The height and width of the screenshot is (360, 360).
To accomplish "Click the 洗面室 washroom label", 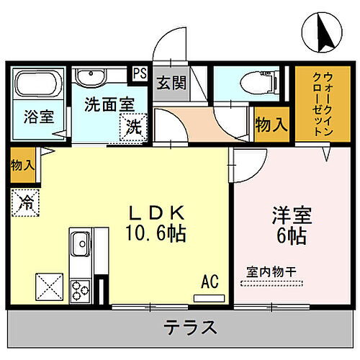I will point(108,104).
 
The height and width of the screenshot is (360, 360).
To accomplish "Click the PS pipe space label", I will point(140,73).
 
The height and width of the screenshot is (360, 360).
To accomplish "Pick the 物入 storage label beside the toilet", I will point(271,125).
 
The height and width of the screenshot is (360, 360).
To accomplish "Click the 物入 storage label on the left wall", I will point(22,165).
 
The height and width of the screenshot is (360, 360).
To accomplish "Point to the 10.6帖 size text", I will point(157,235).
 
